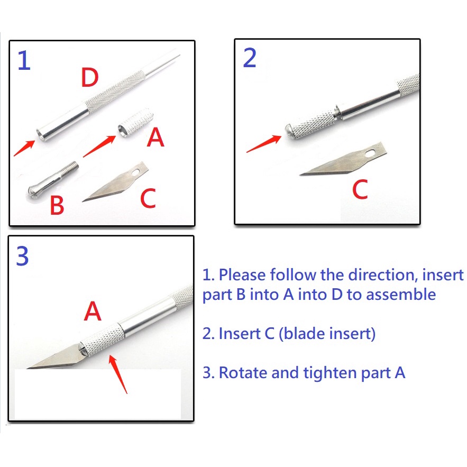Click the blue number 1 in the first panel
pos(24,60)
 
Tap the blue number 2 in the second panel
pos(250,58)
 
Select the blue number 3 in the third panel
pos(22,256)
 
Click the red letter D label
pos(90,77)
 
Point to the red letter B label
pos(57,205)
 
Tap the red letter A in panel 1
pos(155,137)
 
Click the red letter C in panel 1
pos(148,198)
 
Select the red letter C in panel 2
pos(360,189)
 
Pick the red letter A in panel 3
pos(93,311)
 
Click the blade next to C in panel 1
pos(115,182)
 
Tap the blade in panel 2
pos(343,159)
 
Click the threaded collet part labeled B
pos(53,181)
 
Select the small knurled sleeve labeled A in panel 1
pos(136,123)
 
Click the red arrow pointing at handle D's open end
pos(24,148)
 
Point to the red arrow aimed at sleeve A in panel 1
pos(99,146)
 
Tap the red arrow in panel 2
pos(263,144)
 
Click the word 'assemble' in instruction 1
pos(401,294)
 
